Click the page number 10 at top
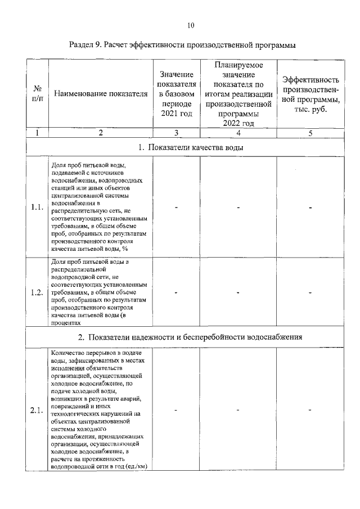pyautogui.click(x=191, y=25)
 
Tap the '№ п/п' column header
pyautogui.click(x=37, y=94)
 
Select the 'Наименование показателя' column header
pyautogui.click(x=101, y=94)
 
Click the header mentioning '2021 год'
pyautogui.click(x=177, y=94)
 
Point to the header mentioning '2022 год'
pyautogui.click(x=238, y=94)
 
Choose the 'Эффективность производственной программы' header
pyautogui.click(x=310, y=94)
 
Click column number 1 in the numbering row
pyautogui.click(x=37, y=133)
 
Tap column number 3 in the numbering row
pyautogui.click(x=177, y=133)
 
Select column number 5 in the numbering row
pyautogui.click(x=310, y=133)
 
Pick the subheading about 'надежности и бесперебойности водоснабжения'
pyautogui.click(x=191, y=337)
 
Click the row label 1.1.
pyautogui.click(x=37, y=207)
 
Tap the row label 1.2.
pyautogui.click(x=37, y=292)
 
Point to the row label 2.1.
pyautogui.click(x=37, y=409)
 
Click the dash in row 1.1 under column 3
pyautogui.click(x=177, y=208)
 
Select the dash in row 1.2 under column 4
pyautogui.click(x=238, y=292)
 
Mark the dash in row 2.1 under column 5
pyautogui.click(x=310, y=409)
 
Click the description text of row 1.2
pyautogui.click(x=100, y=292)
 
